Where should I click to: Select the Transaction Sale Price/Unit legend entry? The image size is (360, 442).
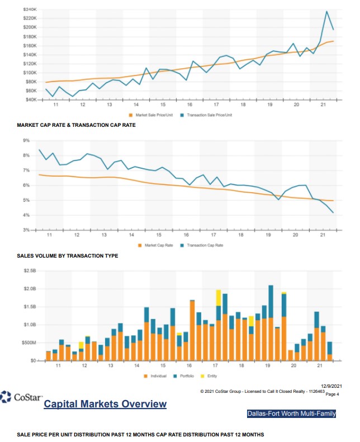(x=209, y=115)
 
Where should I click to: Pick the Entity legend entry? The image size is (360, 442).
(x=212, y=376)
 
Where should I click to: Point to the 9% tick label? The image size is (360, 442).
(x=26, y=140)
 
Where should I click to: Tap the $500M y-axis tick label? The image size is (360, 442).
(x=27, y=343)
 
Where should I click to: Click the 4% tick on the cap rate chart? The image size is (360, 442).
(x=26, y=215)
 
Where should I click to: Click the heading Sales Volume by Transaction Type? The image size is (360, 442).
(x=67, y=255)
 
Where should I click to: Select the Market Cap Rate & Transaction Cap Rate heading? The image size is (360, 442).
(x=77, y=125)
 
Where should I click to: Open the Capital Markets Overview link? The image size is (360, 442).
(x=105, y=404)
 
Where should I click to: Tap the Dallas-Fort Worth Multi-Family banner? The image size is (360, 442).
(x=291, y=414)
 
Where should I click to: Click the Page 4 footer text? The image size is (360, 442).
(x=332, y=394)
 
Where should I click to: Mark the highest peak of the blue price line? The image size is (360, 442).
(x=326, y=11)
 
